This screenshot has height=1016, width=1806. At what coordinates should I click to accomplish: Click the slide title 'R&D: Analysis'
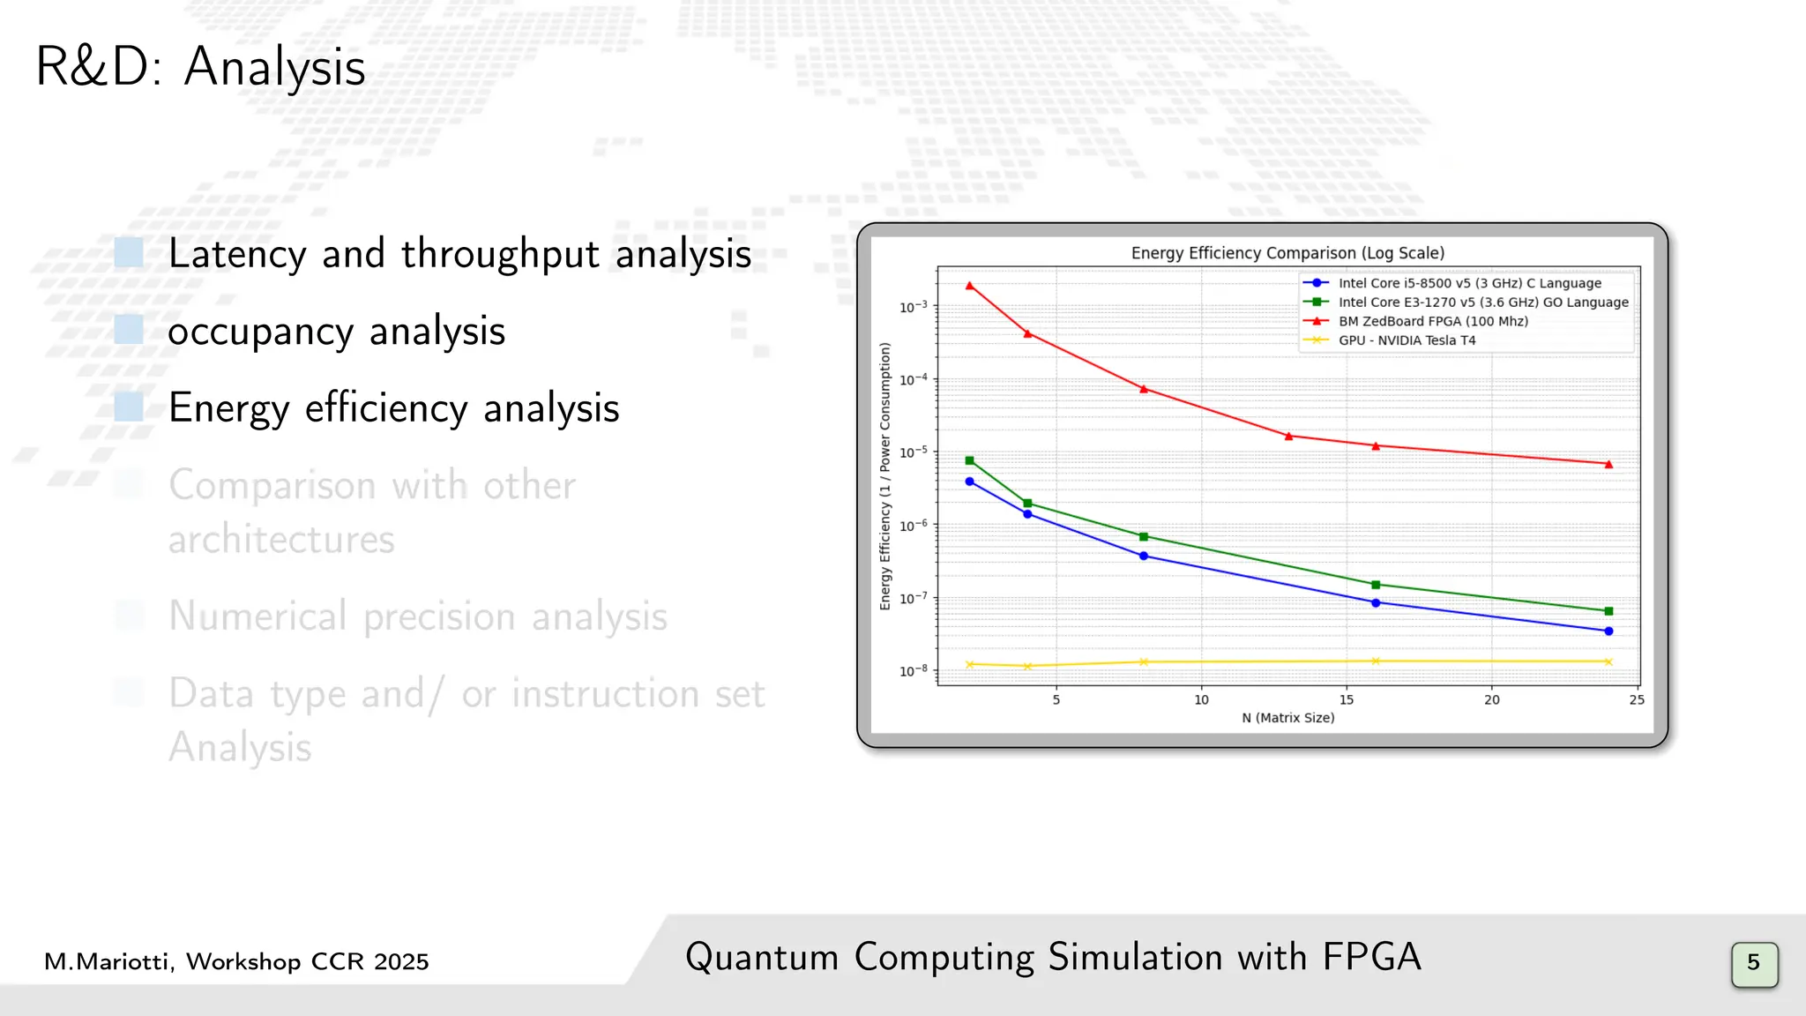[x=200, y=67]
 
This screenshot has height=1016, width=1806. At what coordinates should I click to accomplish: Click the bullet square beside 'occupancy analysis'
[x=129, y=330]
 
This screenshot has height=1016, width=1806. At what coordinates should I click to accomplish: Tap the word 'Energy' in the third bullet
[x=228, y=408]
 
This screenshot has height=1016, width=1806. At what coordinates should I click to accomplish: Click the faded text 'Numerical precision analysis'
[x=418, y=616]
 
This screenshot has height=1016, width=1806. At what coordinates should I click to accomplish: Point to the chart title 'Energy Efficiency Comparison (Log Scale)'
[x=1287, y=253]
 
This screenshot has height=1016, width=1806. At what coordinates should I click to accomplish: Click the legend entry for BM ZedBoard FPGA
[x=1432, y=321]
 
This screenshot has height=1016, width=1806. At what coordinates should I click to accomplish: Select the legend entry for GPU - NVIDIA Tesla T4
[x=1406, y=340]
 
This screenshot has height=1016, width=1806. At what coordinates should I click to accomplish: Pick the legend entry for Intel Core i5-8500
[x=1469, y=283]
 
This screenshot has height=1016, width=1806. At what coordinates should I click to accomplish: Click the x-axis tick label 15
[x=1347, y=700]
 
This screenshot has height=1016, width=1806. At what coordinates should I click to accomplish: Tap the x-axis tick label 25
[x=1637, y=700]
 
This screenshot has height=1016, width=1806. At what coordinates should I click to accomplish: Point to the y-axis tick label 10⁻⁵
[x=914, y=452]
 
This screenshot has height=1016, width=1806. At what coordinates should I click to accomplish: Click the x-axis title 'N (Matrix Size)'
[x=1287, y=718]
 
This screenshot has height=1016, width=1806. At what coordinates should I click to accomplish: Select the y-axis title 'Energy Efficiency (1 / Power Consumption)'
[x=885, y=476]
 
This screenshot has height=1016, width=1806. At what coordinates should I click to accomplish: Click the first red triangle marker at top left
[x=970, y=286]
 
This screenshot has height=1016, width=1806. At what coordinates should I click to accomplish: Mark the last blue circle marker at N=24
[x=1608, y=631]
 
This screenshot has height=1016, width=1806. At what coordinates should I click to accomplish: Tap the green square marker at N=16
[x=1376, y=585]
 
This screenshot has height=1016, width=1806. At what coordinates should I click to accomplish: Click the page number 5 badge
[x=1754, y=962]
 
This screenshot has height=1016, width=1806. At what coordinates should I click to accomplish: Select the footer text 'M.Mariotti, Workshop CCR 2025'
[x=236, y=961]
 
